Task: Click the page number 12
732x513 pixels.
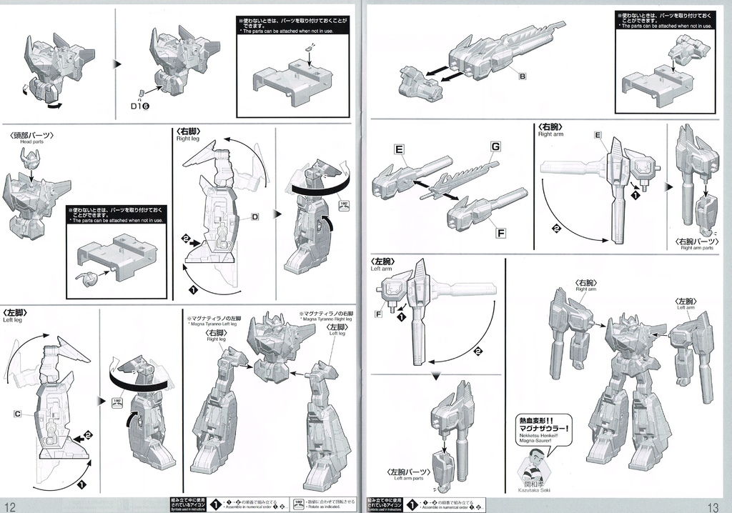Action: tap(10, 505)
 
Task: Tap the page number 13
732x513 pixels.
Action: tap(718, 505)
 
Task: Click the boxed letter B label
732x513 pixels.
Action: tap(523, 76)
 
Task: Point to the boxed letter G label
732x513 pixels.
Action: tap(494, 146)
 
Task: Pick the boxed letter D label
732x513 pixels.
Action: tap(254, 216)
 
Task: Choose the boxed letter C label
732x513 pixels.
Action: tap(17, 413)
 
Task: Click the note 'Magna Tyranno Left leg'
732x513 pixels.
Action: tap(215, 324)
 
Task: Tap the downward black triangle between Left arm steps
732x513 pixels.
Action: tap(435, 377)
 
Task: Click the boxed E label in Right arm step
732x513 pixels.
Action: tap(598, 135)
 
